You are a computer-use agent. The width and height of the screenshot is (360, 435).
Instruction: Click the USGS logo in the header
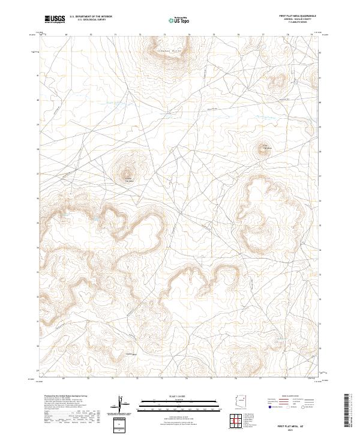coord(55,19)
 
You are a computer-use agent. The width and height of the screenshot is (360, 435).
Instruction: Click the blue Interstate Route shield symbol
coord(270,407)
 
